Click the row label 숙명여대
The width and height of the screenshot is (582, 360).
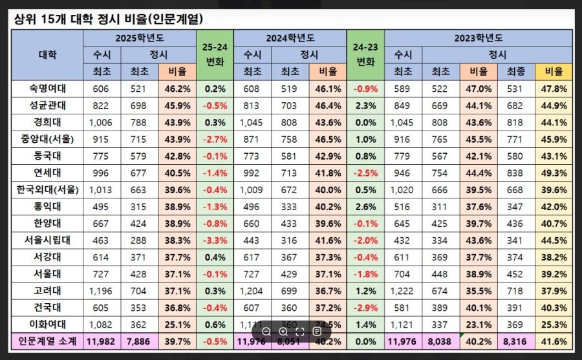(47, 89)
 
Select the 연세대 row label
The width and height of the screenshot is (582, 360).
(47, 173)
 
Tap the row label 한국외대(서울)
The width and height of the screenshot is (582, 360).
(47, 189)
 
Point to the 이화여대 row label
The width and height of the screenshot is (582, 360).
(47, 324)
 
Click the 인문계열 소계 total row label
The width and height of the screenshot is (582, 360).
(47, 341)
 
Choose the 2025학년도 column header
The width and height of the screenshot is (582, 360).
(140, 38)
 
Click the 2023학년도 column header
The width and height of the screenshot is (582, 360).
(479, 38)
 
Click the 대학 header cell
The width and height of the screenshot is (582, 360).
(47, 55)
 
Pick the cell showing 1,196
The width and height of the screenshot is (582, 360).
(102, 290)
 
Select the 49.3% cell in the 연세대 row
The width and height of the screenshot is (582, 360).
(554, 173)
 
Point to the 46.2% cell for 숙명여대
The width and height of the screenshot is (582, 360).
(177, 89)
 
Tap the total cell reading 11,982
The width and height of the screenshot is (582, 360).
(102, 341)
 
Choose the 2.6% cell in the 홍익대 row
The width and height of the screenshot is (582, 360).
(366, 206)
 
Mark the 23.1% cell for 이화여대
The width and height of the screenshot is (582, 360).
(479, 324)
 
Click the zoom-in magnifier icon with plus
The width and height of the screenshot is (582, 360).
(283, 331)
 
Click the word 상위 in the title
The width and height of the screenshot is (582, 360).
(24, 18)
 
